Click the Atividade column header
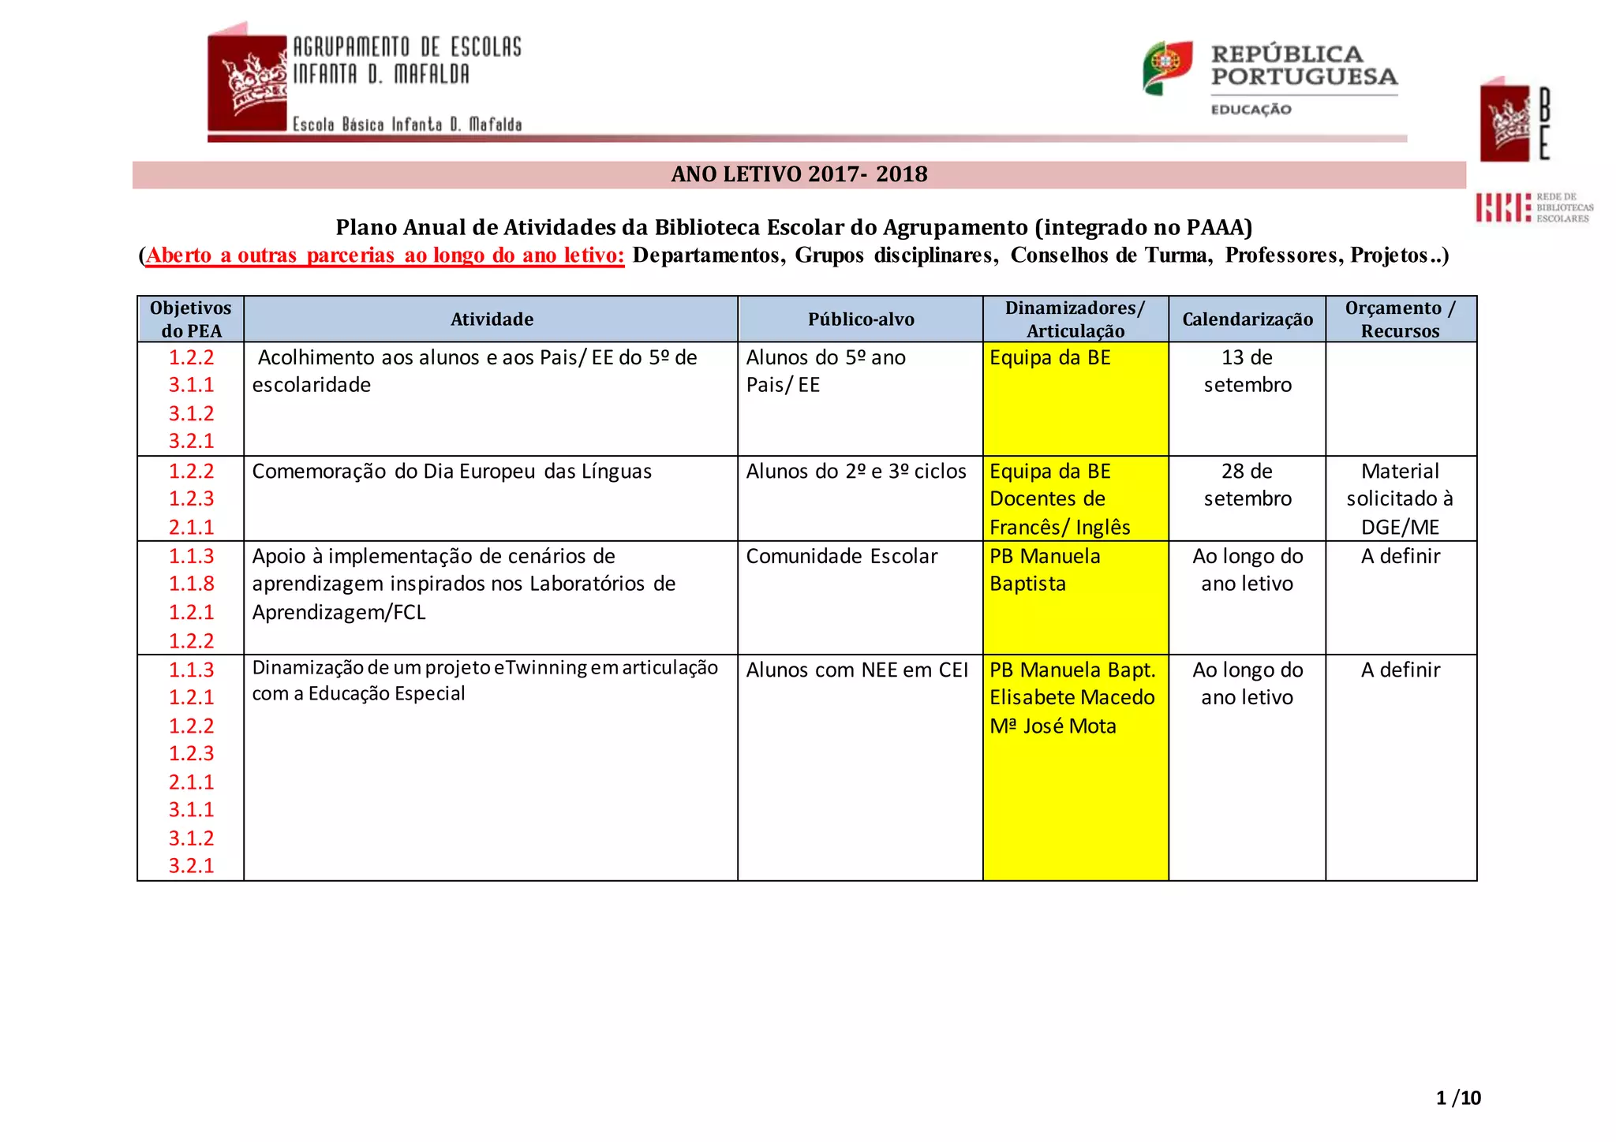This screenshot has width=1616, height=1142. pyautogui.click(x=491, y=319)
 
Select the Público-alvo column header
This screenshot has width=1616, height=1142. pyautogui.click(x=860, y=319)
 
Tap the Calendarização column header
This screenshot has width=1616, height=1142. pyautogui.click(x=1247, y=319)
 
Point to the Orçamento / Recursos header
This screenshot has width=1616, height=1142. pyautogui.click(x=1400, y=319)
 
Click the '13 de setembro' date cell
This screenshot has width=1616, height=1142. pyautogui.click(x=1247, y=371)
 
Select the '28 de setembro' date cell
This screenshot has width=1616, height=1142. pyautogui.click(x=1247, y=484)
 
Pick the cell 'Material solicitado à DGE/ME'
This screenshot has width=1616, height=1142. pyautogui.click(x=1400, y=498)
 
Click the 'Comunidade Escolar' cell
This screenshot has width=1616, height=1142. pyautogui.click(x=841, y=556)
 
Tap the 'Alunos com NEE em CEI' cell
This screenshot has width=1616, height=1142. pyautogui.click(x=857, y=670)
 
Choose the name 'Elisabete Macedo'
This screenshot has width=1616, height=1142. pyautogui.click(x=1072, y=697)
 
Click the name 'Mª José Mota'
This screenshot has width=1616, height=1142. pyautogui.click(x=1053, y=726)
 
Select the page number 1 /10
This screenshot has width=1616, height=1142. pyautogui.click(x=1458, y=1097)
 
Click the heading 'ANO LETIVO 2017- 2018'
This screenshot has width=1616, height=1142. pyautogui.click(x=799, y=174)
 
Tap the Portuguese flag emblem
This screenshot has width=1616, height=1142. pyautogui.click(x=1166, y=68)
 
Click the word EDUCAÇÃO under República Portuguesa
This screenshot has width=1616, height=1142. pyautogui.click(x=1251, y=110)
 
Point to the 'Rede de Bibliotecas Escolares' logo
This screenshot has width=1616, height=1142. pyautogui.click(x=1534, y=207)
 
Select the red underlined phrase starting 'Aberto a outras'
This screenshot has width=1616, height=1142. pyautogui.click(x=385, y=256)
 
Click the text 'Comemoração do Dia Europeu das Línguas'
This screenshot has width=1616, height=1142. pyautogui.click(x=451, y=471)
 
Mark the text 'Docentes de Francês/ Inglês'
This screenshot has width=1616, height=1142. pyautogui.click(x=1059, y=513)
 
